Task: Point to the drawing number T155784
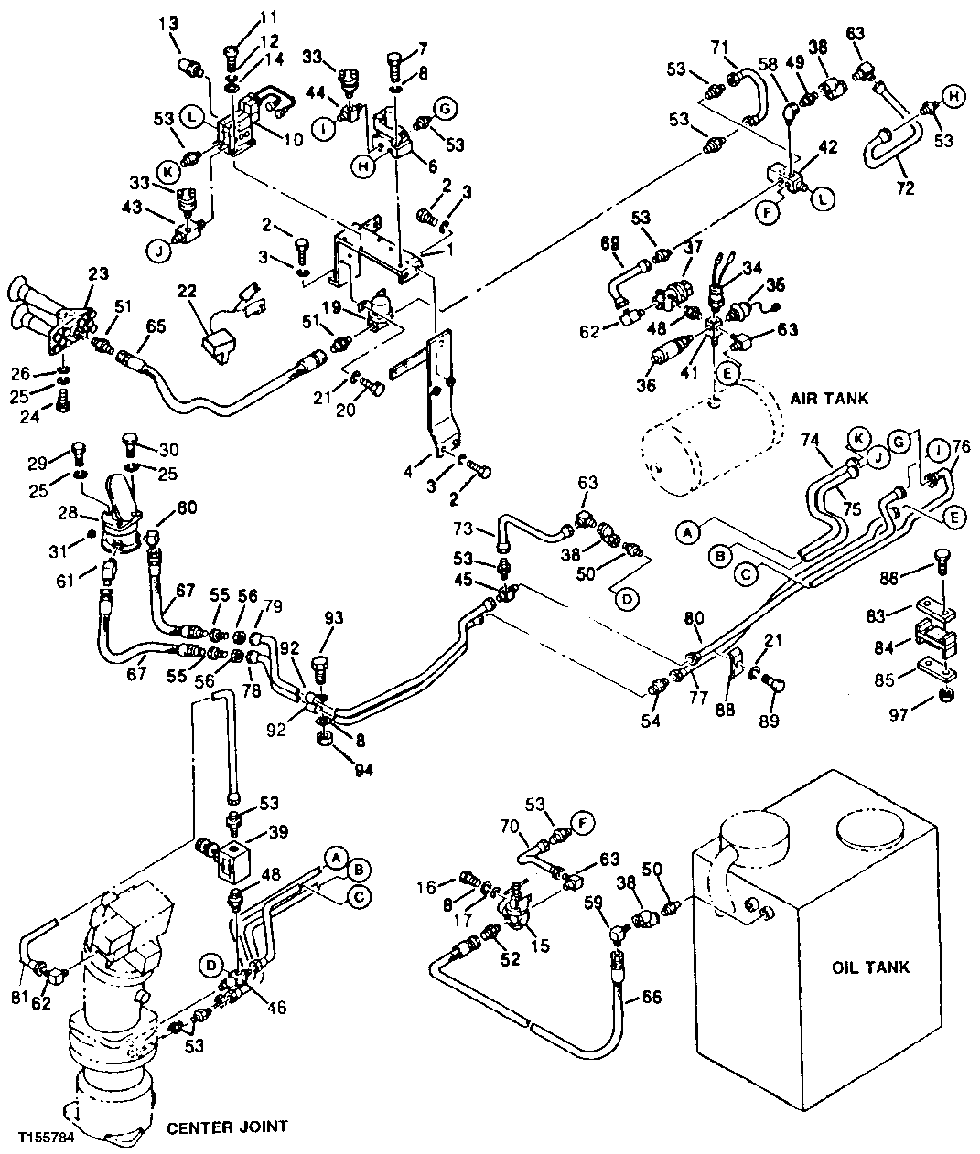pos(46,1139)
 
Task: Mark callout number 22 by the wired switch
pos(187,291)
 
